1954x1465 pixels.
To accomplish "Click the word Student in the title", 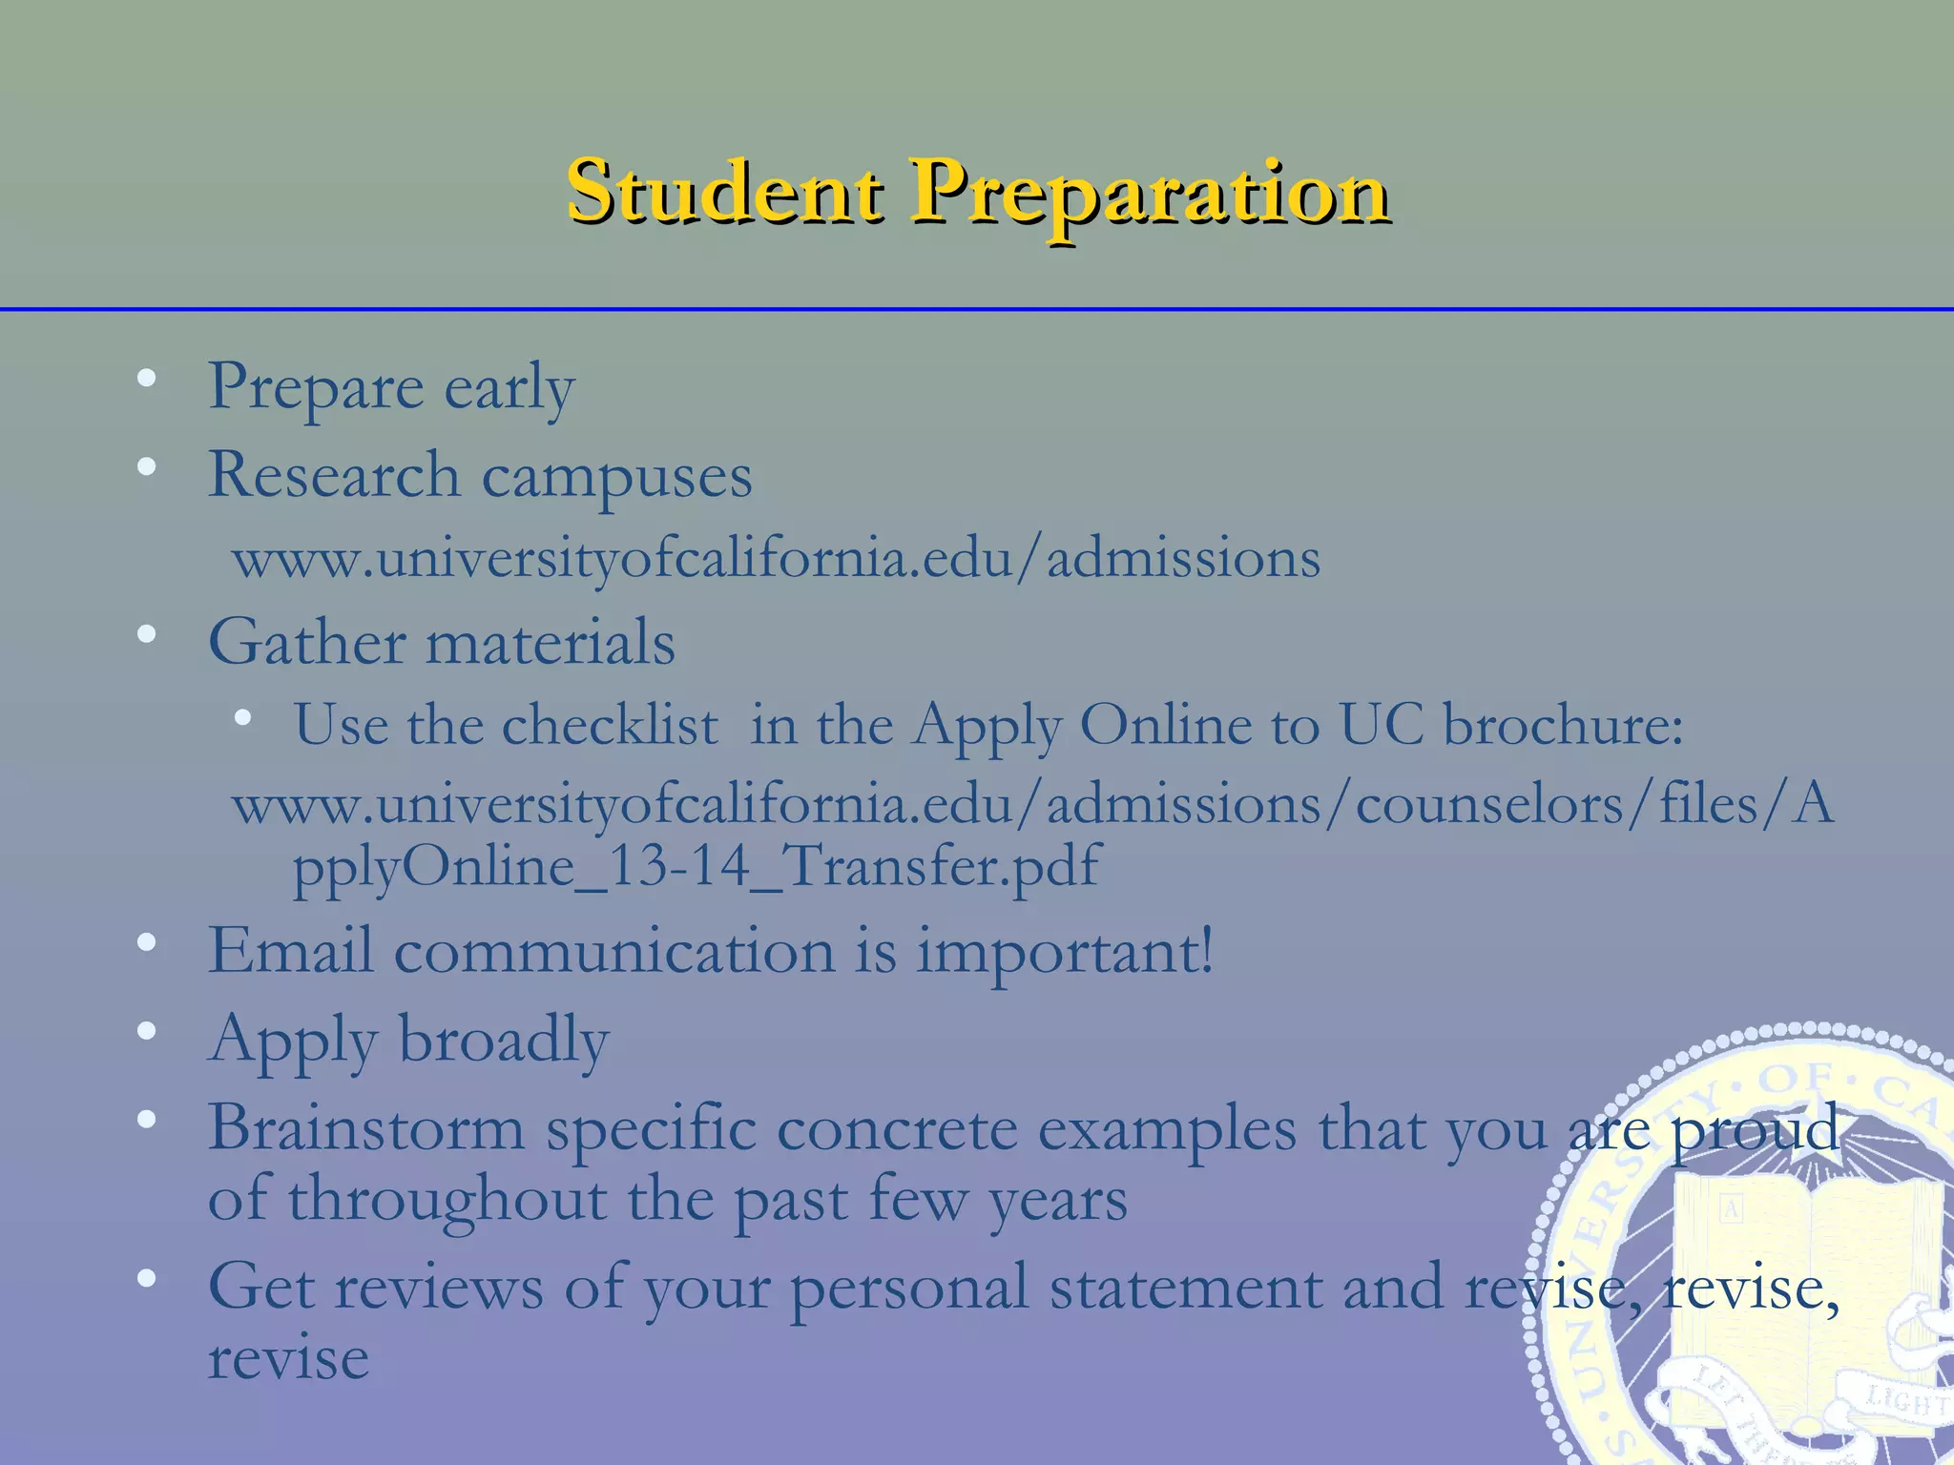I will [x=724, y=193].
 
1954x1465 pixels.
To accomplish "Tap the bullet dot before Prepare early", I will [x=146, y=379].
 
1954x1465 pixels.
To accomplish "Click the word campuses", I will [x=616, y=477].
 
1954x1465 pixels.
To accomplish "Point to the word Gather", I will [x=306, y=641].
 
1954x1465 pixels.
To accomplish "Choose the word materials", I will [x=551, y=641].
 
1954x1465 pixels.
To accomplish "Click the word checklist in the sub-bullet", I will [x=610, y=725].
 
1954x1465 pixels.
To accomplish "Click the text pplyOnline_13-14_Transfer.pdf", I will [x=696, y=867].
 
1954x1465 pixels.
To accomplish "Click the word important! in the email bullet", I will [x=1065, y=953].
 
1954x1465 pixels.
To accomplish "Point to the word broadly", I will [x=503, y=1039].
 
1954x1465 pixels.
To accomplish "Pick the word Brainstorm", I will [x=366, y=1128].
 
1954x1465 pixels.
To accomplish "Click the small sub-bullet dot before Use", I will [x=243, y=717].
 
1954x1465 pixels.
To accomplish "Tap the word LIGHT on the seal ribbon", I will [x=1904, y=1402].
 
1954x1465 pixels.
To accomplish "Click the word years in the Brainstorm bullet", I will [x=1058, y=1201].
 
